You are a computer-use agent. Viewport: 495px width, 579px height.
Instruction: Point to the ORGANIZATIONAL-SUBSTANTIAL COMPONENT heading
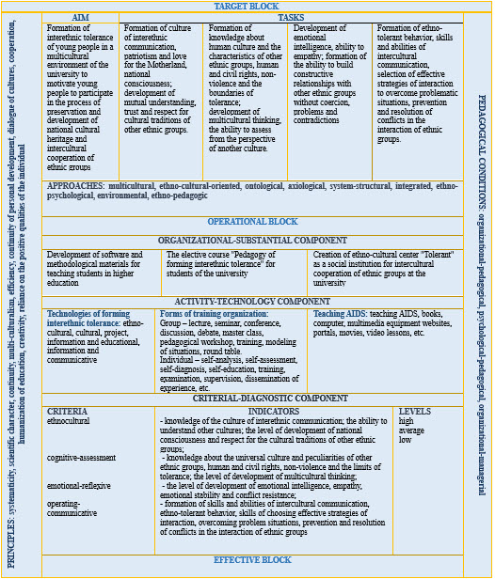pyautogui.click(x=252, y=242)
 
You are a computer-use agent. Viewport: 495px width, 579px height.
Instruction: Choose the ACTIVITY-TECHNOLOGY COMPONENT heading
pyautogui.click(x=252, y=301)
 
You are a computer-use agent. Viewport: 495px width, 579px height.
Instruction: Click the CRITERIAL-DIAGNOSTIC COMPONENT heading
pyautogui.click(x=252, y=399)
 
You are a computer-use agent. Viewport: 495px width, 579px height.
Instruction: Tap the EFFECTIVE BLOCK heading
pyautogui.click(x=252, y=560)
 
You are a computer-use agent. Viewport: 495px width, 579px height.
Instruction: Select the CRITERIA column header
pyautogui.click(x=68, y=412)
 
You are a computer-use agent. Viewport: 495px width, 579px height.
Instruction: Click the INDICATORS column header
pyautogui.click(x=275, y=412)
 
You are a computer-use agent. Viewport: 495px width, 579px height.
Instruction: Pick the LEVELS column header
pyautogui.click(x=416, y=412)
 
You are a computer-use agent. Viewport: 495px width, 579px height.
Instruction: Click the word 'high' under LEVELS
pyautogui.click(x=407, y=421)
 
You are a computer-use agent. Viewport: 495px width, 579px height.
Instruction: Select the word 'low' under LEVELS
pyautogui.click(x=406, y=440)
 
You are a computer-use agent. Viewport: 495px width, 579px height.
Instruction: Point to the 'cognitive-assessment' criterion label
pyautogui.click(x=81, y=458)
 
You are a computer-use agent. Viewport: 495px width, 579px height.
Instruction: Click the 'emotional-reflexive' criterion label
pyautogui.click(x=78, y=486)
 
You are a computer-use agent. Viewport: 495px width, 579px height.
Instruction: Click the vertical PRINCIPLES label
pyautogui.click(x=11, y=282)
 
